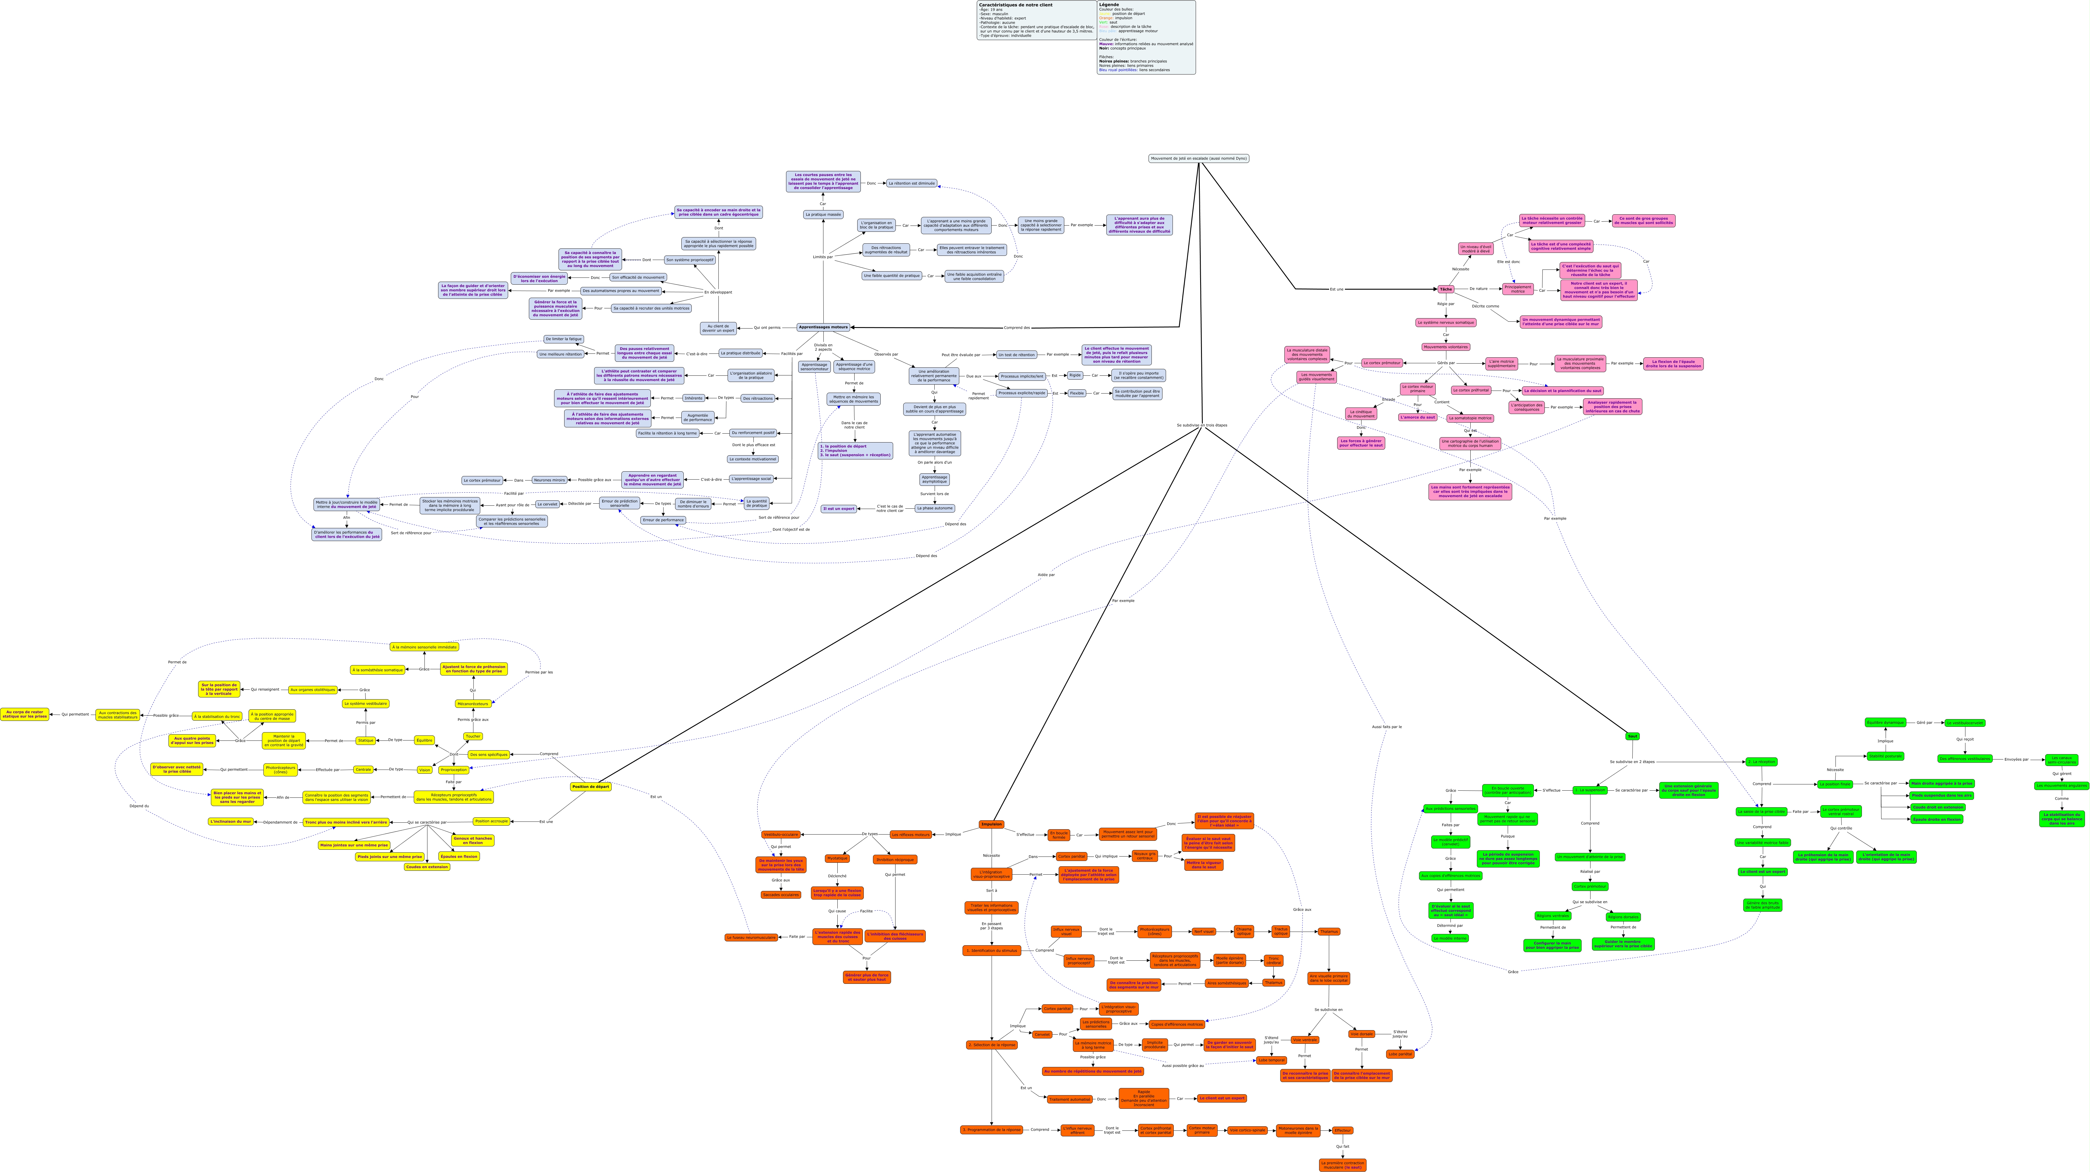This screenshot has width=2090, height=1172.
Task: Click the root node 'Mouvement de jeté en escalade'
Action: coord(1198,158)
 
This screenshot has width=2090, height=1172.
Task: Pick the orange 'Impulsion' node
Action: coord(991,824)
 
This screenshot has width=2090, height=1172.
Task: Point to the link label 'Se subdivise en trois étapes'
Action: coord(1202,425)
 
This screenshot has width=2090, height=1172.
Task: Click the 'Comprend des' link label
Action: coord(1017,328)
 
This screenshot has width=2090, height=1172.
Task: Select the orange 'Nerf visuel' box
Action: coord(1203,932)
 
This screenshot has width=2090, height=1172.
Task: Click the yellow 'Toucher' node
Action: coord(473,736)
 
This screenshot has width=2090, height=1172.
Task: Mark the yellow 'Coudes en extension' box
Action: coord(427,867)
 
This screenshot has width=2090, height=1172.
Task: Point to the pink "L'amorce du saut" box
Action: coord(1417,417)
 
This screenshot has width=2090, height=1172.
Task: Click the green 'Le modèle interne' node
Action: coord(1450,938)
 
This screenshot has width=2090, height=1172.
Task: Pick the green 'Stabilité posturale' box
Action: coord(1885,756)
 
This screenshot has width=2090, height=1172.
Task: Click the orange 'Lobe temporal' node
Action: coord(1271,1060)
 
